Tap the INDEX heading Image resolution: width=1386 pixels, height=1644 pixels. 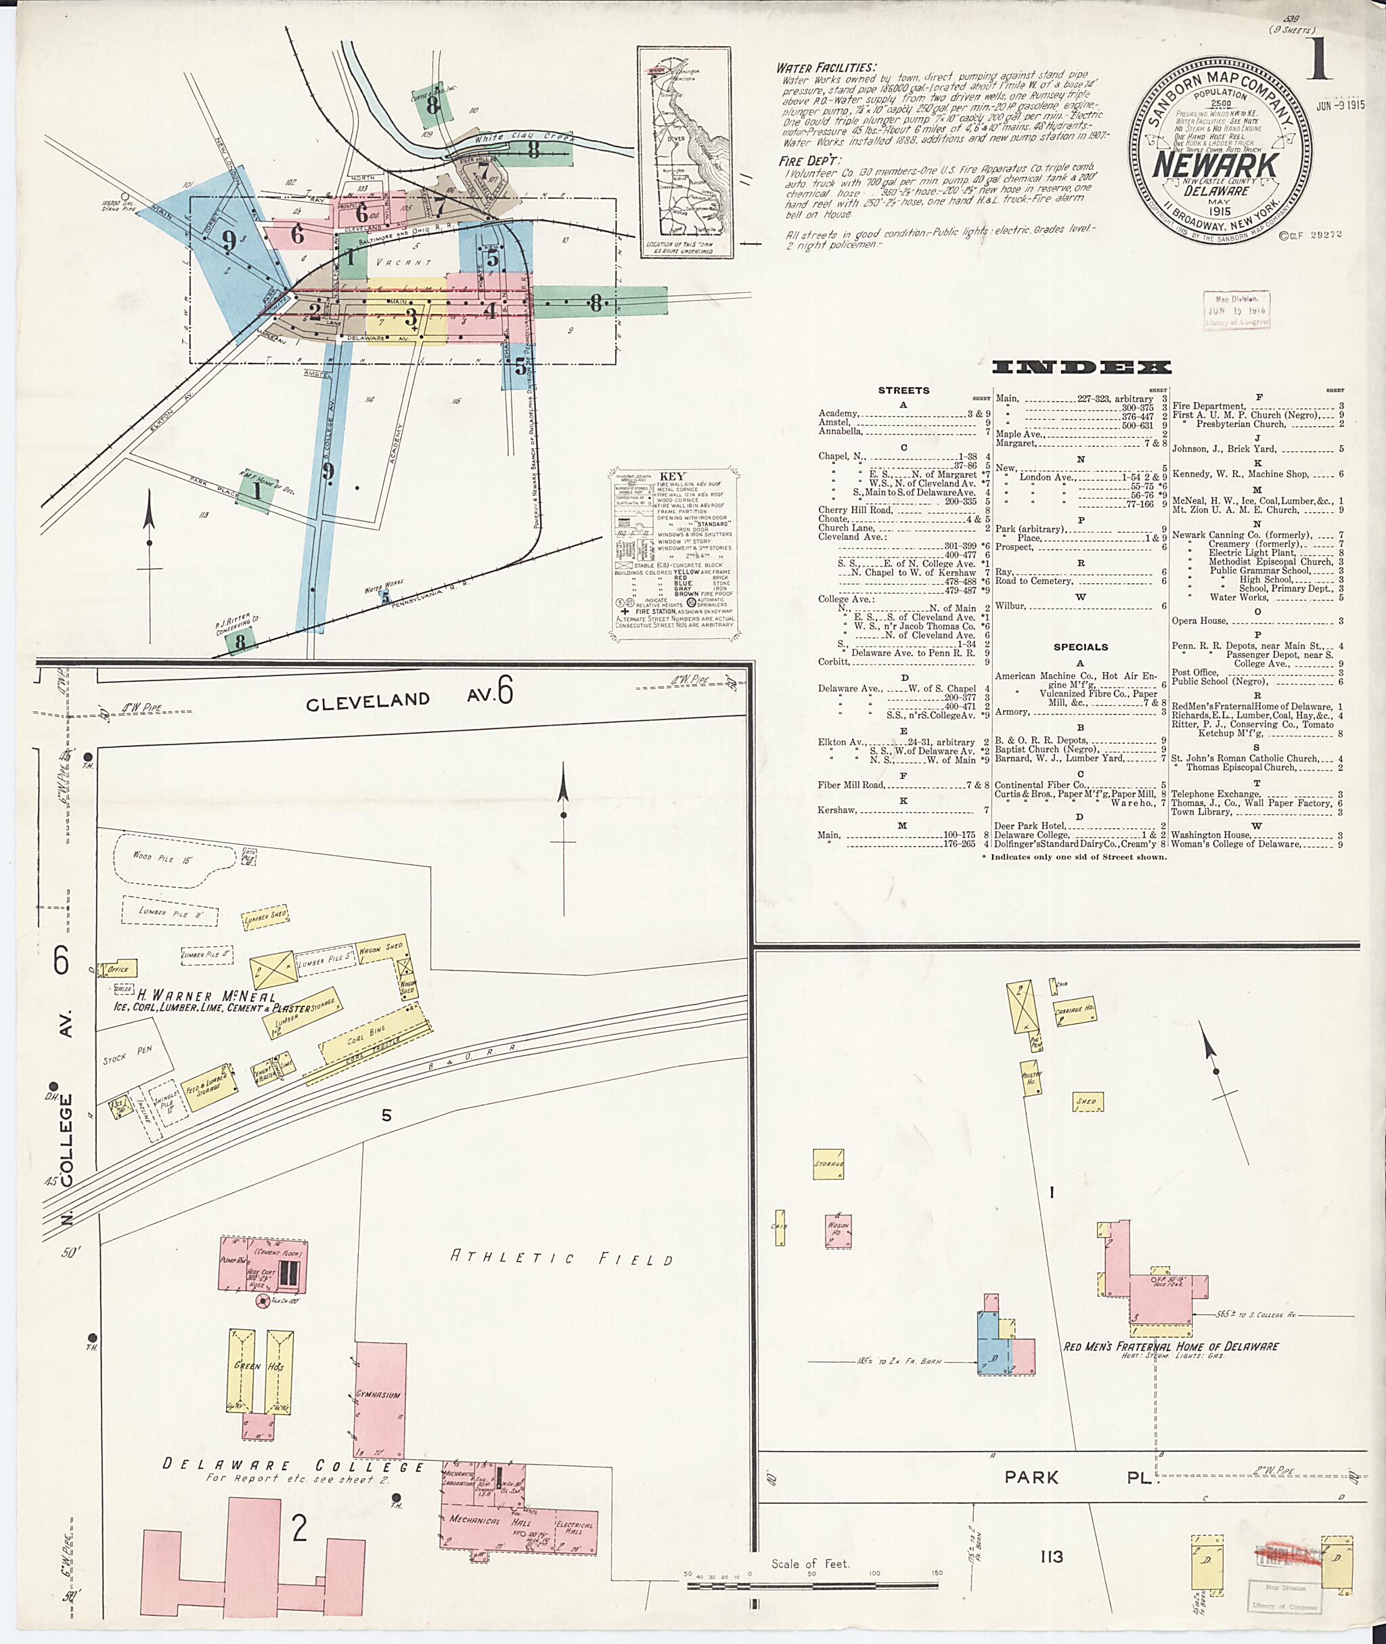pyautogui.click(x=1081, y=367)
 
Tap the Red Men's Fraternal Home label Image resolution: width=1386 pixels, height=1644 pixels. pyautogui.click(x=1171, y=1346)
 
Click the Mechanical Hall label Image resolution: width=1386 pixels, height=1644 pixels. pyautogui.click(x=475, y=1521)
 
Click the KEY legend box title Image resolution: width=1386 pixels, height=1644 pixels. pyautogui.click(x=673, y=476)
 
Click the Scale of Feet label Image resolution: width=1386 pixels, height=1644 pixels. pyautogui.click(x=810, y=1564)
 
